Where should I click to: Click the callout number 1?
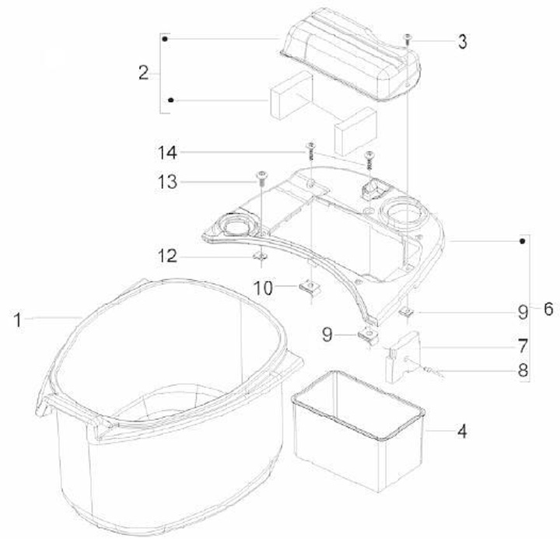click(x=17, y=320)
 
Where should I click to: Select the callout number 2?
click(x=144, y=72)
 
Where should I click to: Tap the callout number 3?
click(x=463, y=42)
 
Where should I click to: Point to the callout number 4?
click(x=462, y=432)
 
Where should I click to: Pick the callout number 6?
click(x=548, y=309)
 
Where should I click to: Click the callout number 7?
click(x=523, y=346)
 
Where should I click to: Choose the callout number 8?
click(x=523, y=370)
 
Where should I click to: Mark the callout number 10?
click(x=263, y=288)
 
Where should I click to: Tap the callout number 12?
click(x=167, y=256)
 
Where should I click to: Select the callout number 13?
click(x=167, y=182)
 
